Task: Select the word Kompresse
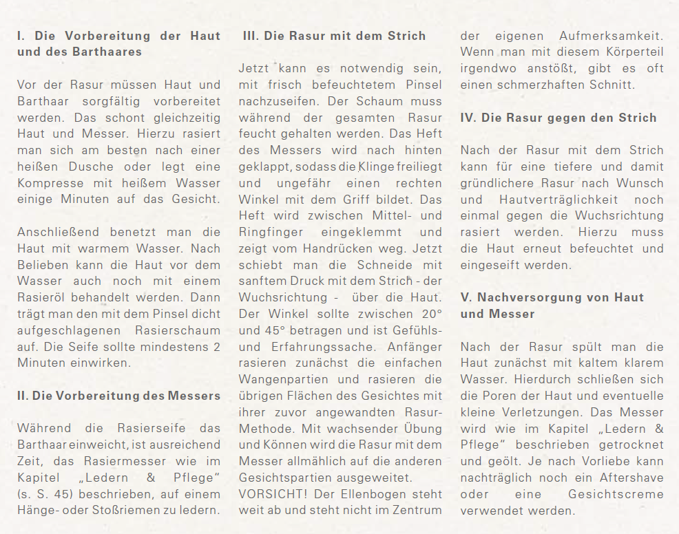tap(48, 184)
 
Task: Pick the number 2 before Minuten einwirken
tap(216, 347)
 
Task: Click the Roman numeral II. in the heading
tap(23, 396)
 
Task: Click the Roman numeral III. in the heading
tap(251, 36)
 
